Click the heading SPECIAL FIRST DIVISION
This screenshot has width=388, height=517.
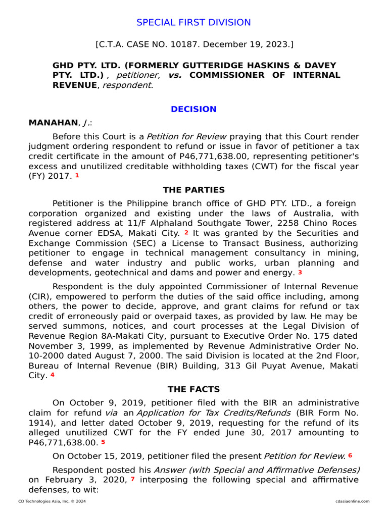pos(193,23)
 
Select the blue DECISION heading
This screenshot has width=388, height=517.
pos(193,109)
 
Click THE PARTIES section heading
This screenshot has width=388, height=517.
pos(193,190)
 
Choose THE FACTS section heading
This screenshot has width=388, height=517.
pos(193,389)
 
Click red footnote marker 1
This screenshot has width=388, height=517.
pos(77,176)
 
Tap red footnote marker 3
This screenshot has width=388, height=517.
pos(300,273)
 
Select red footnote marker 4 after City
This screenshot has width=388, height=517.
pos(53,375)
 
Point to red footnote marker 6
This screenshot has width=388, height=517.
pos(350,455)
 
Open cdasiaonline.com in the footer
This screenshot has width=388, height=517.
pos(352,501)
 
